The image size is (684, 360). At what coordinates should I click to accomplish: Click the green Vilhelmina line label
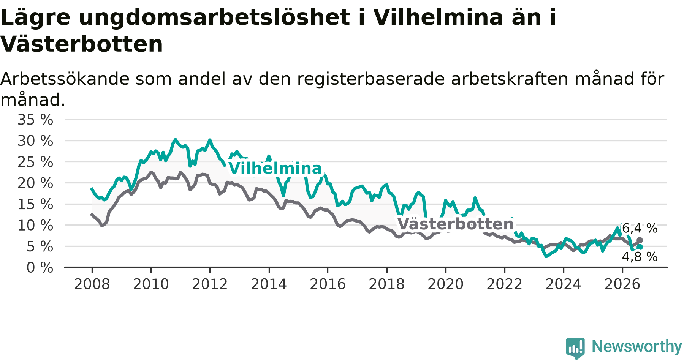pos(275,169)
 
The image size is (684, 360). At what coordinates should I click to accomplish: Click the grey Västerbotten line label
pos(456,224)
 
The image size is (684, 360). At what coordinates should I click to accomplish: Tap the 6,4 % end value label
pos(640,228)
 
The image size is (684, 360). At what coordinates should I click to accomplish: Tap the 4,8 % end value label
pos(640,257)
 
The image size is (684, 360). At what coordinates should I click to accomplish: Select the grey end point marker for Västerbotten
pos(640,240)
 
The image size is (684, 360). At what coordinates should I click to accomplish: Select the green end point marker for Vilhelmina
pos(640,247)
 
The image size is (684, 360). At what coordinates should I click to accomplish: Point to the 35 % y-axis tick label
pos(35,120)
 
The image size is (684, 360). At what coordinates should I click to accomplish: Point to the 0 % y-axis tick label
pos(40,268)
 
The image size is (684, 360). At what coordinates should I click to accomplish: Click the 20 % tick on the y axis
pos(35,183)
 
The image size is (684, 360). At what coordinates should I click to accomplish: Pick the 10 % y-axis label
pos(35,226)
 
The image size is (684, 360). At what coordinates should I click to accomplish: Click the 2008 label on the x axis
pos(92,284)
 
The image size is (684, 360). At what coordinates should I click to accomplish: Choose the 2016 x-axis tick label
pos(328,284)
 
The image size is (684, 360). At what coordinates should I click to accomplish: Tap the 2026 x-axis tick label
pos(622,284)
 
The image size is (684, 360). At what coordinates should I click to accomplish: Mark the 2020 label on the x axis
pos(446,284)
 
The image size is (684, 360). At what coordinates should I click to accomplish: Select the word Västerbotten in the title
pos(82,44)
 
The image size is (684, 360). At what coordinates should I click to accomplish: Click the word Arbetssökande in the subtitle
pos(65,79)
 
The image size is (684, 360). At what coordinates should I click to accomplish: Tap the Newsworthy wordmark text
pos(637,347)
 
